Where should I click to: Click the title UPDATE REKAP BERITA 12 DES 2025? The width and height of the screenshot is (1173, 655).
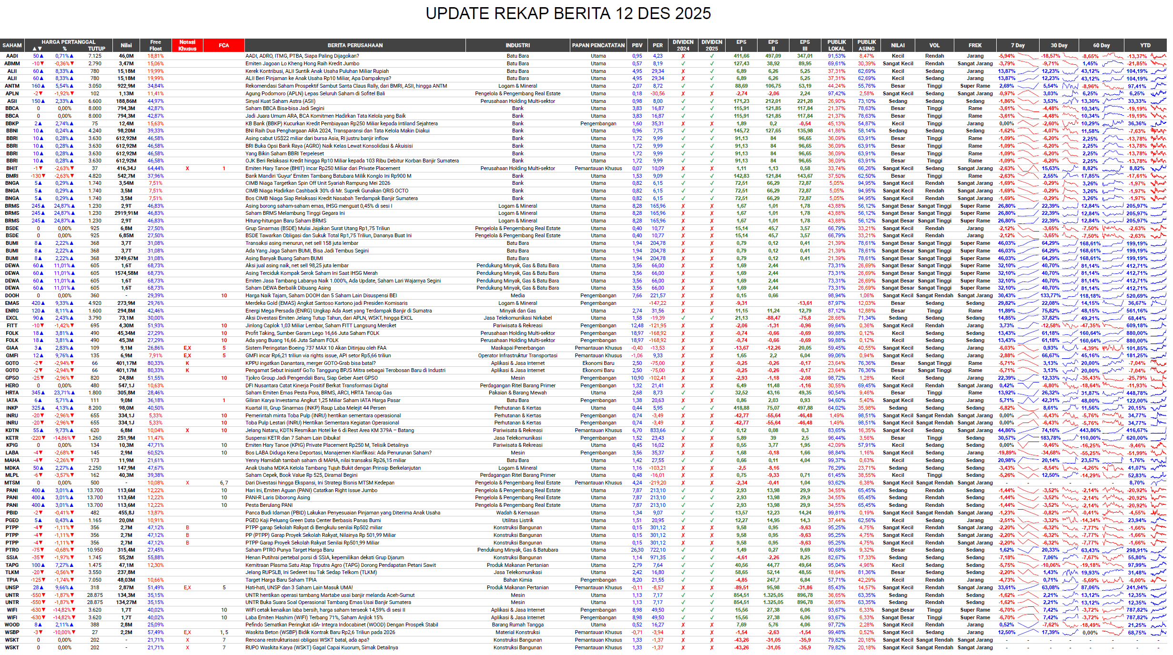568,13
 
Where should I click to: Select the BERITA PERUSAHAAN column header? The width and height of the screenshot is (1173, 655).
355,45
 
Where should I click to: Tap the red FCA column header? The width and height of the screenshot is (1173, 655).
224,45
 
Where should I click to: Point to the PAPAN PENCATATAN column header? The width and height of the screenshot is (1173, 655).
598,45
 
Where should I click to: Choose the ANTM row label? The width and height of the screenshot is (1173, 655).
12,86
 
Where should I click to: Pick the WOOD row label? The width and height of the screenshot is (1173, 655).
12,625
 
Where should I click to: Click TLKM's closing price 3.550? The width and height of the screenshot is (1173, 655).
95,573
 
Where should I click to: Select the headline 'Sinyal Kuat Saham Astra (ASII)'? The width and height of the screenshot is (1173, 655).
280,101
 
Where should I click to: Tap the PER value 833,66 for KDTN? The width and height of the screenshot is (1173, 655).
657,430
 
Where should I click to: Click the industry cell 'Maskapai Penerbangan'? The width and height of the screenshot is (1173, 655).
517,348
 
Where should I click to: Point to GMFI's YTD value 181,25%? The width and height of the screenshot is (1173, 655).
1147,355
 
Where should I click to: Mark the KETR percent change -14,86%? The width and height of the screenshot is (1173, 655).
64,438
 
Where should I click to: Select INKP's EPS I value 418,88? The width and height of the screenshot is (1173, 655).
741,408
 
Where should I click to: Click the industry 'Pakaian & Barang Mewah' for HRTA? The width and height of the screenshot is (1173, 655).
517,393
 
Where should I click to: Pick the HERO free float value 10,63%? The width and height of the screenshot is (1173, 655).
155,385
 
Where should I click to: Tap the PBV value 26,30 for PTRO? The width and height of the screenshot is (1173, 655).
637,550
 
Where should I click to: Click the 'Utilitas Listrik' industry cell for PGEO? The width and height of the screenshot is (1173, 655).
517,520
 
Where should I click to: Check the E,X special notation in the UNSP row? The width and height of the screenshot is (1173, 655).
187,587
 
